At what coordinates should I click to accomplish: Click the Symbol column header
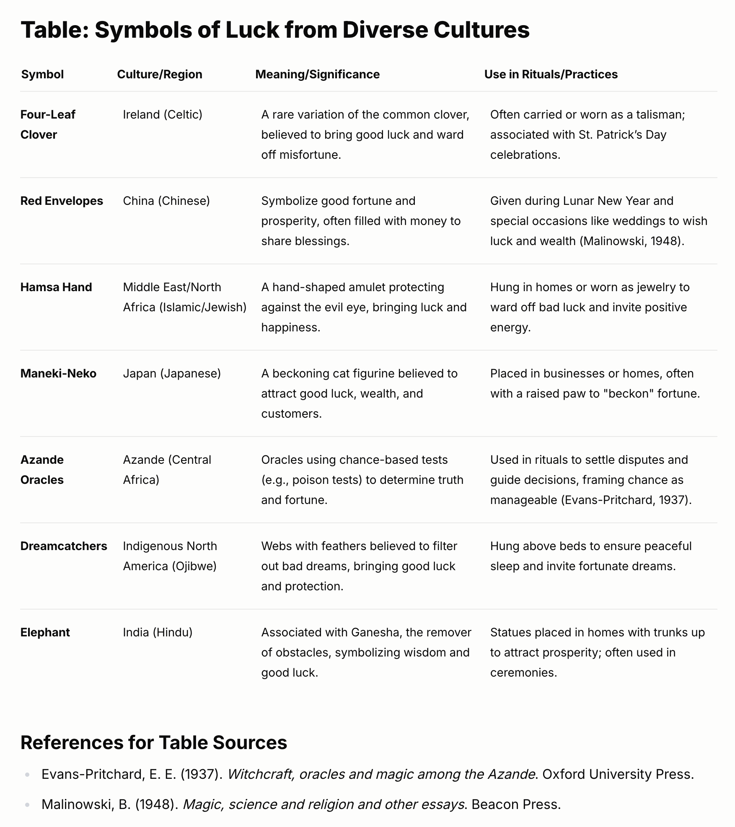click(x=42, y=74)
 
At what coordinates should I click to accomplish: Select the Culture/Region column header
click(x=159, y=74)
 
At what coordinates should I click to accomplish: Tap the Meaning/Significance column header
click(x=317, y=74)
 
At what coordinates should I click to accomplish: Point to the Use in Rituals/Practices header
click(x=551, y=74)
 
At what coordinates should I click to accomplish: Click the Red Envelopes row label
click(x=62, y=201)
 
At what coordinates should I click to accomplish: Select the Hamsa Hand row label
click(x=56, y=287)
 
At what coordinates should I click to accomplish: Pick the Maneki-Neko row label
click(x=58, y=373)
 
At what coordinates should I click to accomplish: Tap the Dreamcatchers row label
click(x=64, y=546)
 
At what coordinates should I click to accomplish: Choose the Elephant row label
click(x=45, y=632)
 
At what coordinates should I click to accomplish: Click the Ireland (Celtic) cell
click(x=163, y=114)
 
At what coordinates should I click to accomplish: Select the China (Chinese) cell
click(x=166, y=201)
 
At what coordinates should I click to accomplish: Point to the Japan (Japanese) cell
click(x=172, y=373)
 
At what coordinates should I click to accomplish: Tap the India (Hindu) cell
click(x=158, y=632)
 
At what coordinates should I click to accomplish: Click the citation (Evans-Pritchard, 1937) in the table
click(x=626, y=500)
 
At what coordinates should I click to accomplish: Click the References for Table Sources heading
click(x=154, y=742)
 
